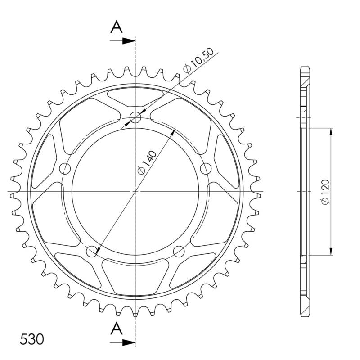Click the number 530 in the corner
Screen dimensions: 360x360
(x=32, y=339)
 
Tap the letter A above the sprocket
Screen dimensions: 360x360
(x=117, y=27)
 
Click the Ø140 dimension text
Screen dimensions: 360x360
(x=147, y=163)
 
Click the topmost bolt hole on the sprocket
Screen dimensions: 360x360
(x=135, y=118)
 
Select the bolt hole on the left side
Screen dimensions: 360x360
(x=66, y=169)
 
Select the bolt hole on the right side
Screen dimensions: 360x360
(x=205, y=169)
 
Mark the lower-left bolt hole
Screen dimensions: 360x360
(x=92, y=251)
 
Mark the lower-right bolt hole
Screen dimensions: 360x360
(x=179, y=251)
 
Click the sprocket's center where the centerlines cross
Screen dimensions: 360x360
(x=135, y=192)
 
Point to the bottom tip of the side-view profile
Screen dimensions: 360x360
(x=305, y=316)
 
